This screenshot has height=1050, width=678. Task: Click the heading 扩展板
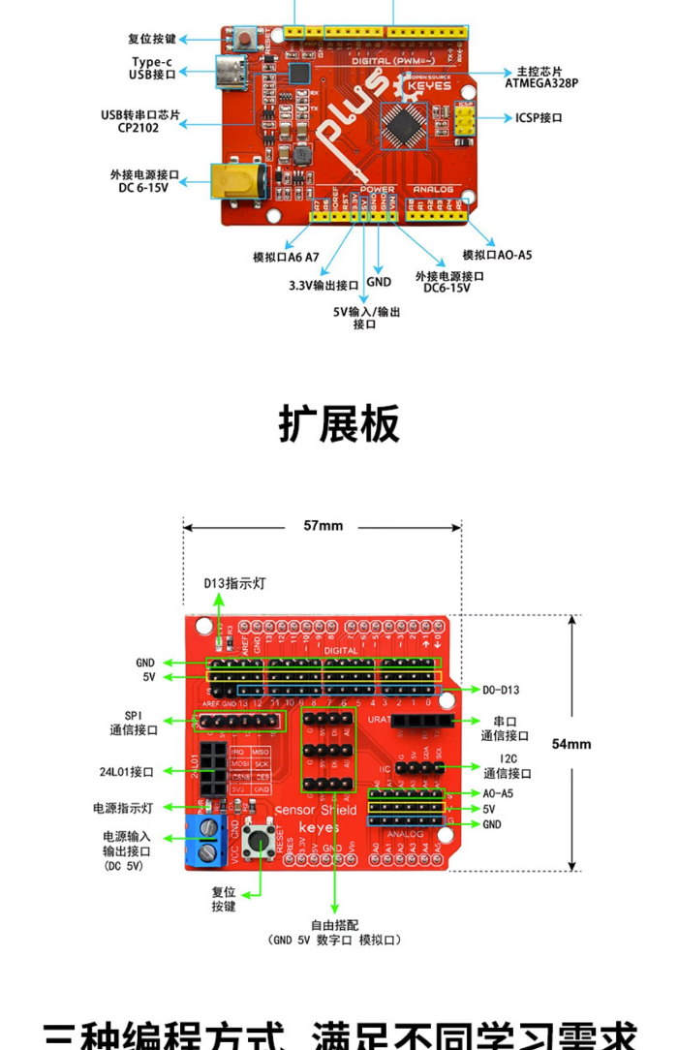click(x=339, y=423)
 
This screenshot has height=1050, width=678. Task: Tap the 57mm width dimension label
click(x=323, y=526)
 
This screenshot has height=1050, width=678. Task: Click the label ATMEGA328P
click(x=540, y=83)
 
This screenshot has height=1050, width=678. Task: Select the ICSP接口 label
click(x=539, y=118)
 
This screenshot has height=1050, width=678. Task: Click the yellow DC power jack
click(x=237, y=183)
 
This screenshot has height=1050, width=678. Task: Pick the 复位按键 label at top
click(x=152, y=40)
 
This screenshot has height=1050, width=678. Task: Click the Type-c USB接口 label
click(x=152, y=68)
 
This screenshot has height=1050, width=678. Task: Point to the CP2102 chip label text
click(x=138, y=127)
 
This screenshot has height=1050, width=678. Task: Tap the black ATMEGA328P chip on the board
click(x=402, y=123)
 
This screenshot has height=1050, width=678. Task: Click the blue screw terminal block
click(x=207, y=840)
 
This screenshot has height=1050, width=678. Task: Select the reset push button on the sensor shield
click(x=258, y=839)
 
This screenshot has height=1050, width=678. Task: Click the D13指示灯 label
click(x=229, y=583)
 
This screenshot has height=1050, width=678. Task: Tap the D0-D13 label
click(x=502, y=690)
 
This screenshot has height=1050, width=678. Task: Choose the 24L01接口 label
click(x=126, y=772)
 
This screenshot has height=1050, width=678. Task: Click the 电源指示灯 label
click(x=123, y=807)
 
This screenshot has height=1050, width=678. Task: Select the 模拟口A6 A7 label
click(x=286, y=258)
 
